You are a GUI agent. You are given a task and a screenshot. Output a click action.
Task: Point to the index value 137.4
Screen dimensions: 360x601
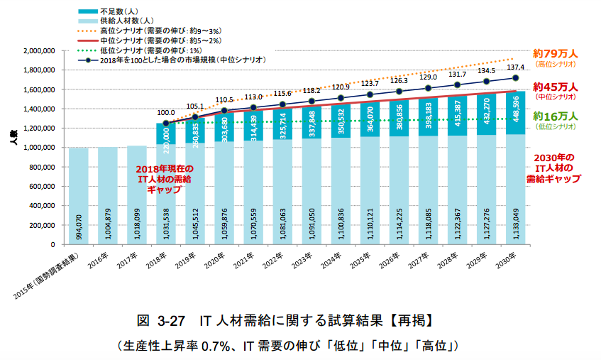coord(516,65)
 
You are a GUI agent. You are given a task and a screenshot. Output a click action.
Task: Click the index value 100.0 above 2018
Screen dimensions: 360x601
coord(166,112)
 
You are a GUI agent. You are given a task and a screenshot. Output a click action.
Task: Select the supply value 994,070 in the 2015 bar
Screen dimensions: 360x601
coord(79,225)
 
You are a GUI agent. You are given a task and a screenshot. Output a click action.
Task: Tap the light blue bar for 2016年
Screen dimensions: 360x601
coord(108,196)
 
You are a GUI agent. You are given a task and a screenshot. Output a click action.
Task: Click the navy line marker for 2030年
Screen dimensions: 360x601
coord(516,78)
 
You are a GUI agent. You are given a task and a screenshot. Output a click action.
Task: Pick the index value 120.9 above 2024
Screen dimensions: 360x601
coord(341,87)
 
